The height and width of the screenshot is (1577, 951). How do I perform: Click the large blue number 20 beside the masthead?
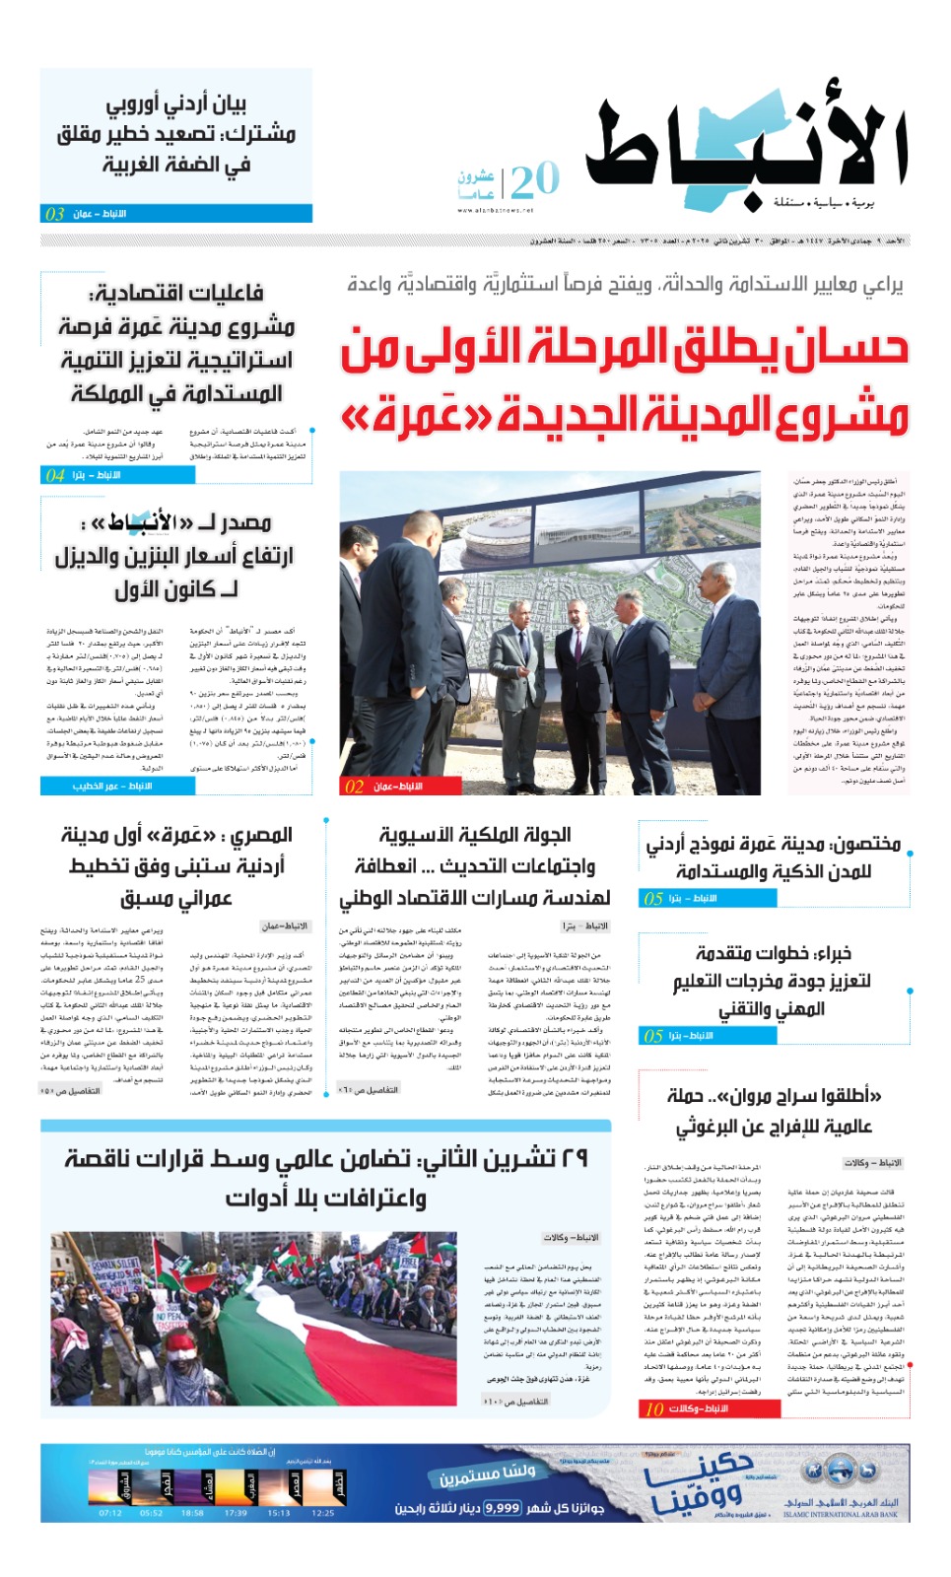point(535,180)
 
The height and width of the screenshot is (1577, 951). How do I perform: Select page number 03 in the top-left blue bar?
point(55,214)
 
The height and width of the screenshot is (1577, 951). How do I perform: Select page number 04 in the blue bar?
point(55,475)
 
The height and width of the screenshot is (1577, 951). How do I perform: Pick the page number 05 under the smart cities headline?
point(653,899)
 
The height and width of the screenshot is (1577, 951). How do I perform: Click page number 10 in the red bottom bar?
point(654,1409)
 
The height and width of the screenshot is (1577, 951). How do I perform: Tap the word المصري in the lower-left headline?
point(261,836)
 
